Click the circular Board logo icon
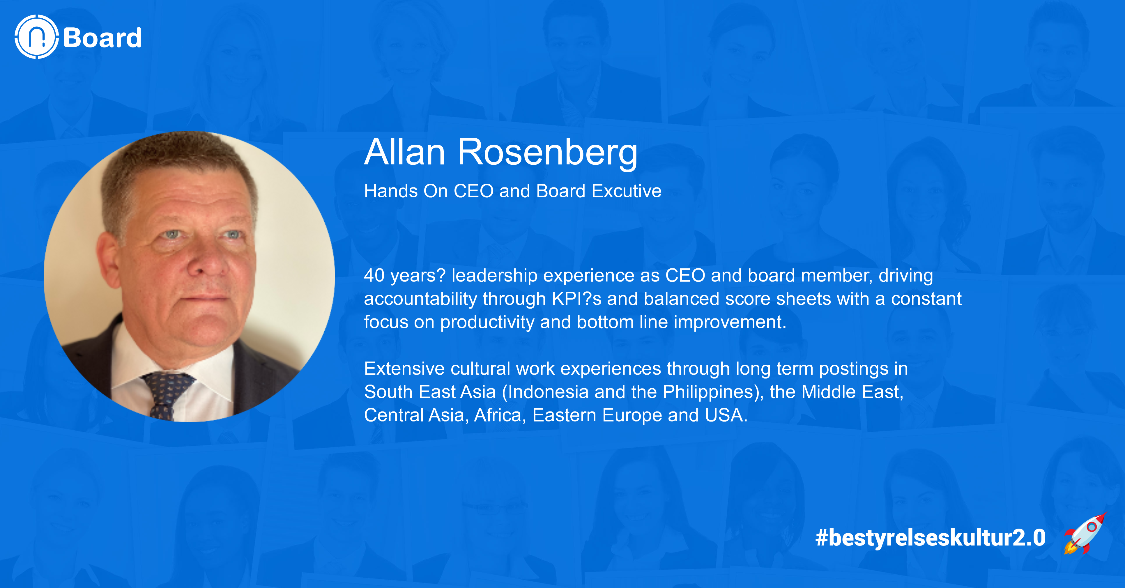pyautogui.click(x=37, y=37)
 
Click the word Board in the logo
pyautogui.click(x=102, y=38)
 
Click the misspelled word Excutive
pyautogui.click(x=626, y=191)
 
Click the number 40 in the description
pyautogui.click(x=374, y=275)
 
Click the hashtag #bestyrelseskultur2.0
pyautogui.click(x=930, y=537)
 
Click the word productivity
pyautogui.click(x=487, y=322)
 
